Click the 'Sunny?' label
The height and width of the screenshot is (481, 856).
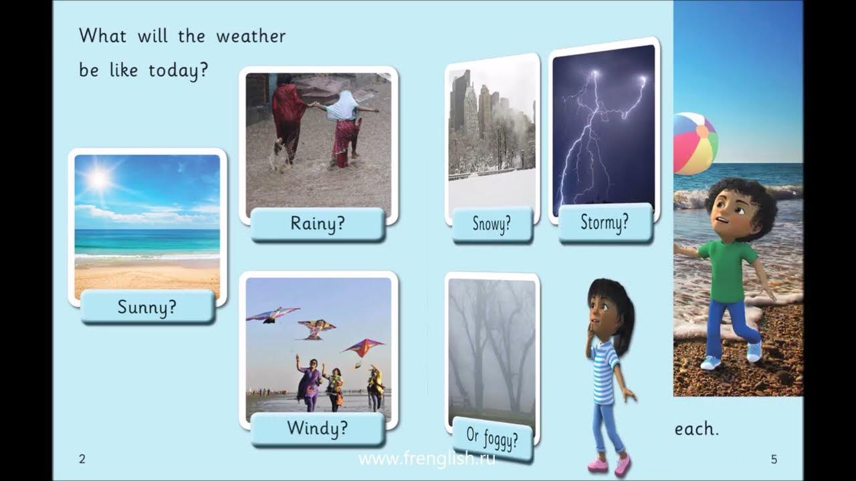click(x=147, y=307)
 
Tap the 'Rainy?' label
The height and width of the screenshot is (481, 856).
click(x=318, y=224)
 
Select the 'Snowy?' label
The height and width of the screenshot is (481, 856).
click(x=492, y=224)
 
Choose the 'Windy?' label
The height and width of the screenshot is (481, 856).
click(x=318, y=428)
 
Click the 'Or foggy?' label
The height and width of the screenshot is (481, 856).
click(x=492, y=439)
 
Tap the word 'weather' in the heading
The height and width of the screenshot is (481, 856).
click(x=251, y=36)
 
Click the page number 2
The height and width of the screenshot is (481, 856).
click(x=82, y=459)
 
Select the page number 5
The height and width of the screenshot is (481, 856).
click(x=774, y=459)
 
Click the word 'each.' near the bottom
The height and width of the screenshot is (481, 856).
click(x=696, y=429)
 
